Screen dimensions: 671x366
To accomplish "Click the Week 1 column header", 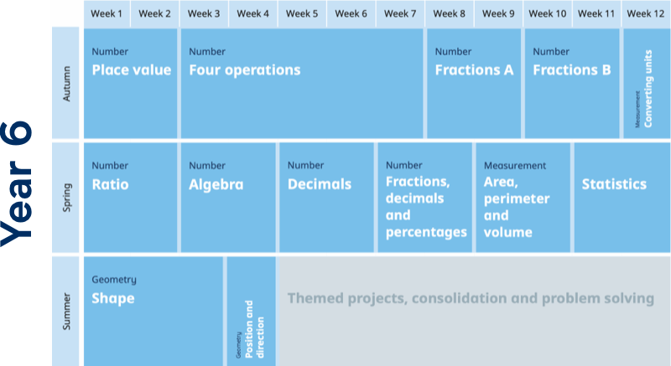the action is tap(107, 13).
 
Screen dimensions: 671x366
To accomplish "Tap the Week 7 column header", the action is tap(400, 13).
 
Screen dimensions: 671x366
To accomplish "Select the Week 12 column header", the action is tap(645, 13).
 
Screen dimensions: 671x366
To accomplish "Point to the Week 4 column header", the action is tap(253, 13).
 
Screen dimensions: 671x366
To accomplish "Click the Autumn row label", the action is tap(66, 84).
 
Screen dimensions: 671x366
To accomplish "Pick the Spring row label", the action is tap(67, 198).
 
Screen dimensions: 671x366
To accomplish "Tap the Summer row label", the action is tap(66, 312).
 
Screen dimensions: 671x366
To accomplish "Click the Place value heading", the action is tap(132, 70).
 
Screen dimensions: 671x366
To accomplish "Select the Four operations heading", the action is tap(245, 70).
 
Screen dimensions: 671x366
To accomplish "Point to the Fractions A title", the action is tap(474, 70).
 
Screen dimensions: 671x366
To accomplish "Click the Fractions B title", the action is tap(572, 70).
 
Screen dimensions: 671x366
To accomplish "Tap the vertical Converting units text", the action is tap(648, 89).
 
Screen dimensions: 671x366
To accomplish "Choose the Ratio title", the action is tap(110, 184).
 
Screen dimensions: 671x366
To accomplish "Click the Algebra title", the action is tap(216, 185).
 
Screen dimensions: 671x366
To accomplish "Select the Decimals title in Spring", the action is tap(320, 184).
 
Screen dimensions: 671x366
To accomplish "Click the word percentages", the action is tap(426, 233).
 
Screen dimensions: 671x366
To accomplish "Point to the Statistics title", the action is tap(614, 184).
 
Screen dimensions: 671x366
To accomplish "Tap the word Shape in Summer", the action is tap(113, 298).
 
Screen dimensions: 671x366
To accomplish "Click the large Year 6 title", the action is tap(16, 184).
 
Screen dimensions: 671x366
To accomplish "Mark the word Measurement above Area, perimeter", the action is tap(515, 166).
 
